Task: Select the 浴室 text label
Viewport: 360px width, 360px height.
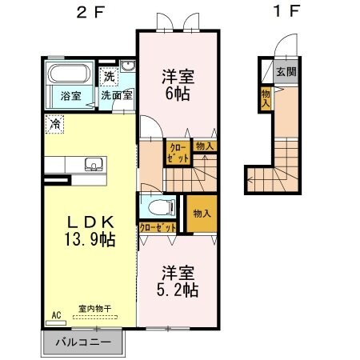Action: (x=70, y=96)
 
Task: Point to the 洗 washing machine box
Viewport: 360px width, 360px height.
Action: (x=108, y=77)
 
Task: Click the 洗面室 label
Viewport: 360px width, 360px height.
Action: (x=118, y=96)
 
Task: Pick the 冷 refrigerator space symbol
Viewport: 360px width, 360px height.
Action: (x=54, y=124)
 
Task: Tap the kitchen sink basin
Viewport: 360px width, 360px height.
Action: (x=92, y=166)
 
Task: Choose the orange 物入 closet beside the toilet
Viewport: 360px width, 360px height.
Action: (x=201, y=214)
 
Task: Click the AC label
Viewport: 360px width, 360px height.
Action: (x=56, y=315)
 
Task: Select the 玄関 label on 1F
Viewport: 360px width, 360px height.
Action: (x=286, y=70)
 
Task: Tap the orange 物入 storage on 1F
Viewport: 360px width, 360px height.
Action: (x=265, y=98)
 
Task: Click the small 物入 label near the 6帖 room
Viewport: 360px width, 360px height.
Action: (x=205, y=146)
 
